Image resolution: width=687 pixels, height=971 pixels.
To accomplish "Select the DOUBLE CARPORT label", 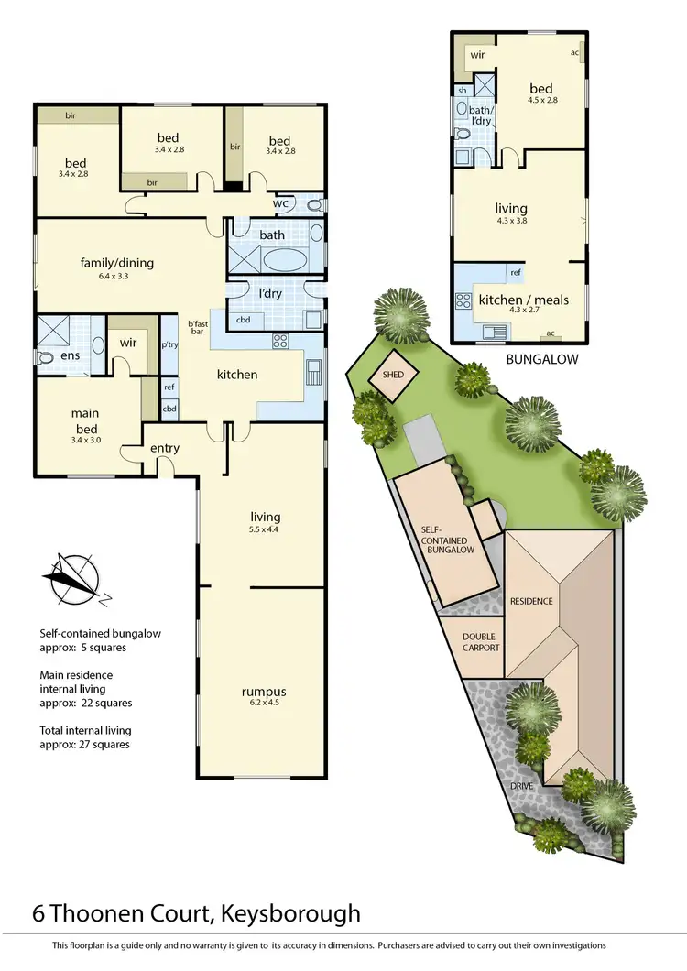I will (x=480, y=641).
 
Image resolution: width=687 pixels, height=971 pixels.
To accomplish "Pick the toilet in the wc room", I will (x=313, y=205).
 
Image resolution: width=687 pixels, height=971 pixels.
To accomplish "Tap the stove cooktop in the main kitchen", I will (x=280, y=342).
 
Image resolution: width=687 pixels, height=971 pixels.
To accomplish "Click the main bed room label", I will (x=85, y=420).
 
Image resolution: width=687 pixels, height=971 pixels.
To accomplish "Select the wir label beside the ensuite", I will (x=128, y=344).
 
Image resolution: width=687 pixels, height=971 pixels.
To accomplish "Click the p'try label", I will (x=169, y=346).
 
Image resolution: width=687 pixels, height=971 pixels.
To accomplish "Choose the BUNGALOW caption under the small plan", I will (x=542, y=360).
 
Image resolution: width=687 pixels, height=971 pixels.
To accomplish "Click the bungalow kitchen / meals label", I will (x=523, y=300).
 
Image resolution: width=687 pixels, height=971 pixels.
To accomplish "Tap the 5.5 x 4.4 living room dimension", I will (x=263, y=529).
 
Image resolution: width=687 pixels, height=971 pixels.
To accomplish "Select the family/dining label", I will (x=116, y=263).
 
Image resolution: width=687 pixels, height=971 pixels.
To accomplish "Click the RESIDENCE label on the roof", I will (x=532, y=601).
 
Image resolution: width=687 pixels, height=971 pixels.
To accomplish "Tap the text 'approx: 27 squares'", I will (x=84, y=745).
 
